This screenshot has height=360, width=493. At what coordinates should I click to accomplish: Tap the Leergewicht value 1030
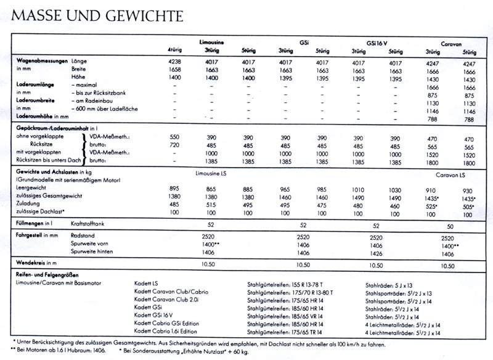(395, 190)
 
